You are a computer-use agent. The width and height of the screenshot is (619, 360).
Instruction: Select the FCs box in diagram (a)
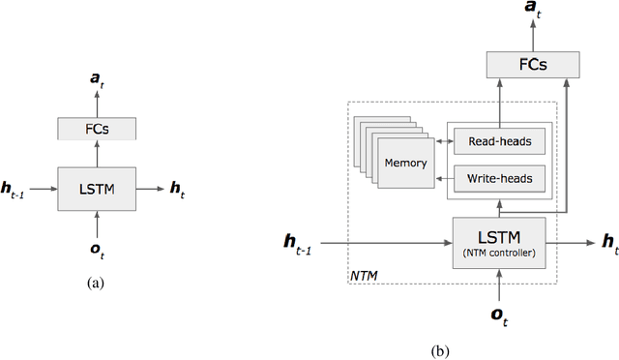[97, 128]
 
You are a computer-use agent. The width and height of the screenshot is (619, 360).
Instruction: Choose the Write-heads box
[500, 179]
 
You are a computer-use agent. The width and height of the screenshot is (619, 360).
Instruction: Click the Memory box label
[405, 163]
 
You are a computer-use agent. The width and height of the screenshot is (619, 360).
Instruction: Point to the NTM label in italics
[365, 275]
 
